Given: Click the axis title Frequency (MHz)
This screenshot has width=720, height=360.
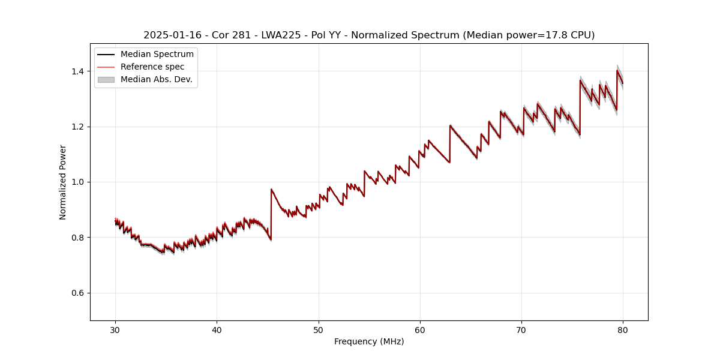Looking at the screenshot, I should click(369, 341).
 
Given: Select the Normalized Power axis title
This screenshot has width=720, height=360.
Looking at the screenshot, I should click(63, 182).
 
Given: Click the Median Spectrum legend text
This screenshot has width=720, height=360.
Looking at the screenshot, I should click(157, 55).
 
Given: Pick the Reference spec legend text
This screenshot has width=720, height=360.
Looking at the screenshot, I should click(152, 67).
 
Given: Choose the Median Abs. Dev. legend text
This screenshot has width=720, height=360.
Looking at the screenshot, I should click(156, 79).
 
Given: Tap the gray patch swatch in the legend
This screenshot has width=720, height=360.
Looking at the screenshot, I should click(106, 79).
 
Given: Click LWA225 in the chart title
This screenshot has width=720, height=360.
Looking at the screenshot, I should click(281, 35).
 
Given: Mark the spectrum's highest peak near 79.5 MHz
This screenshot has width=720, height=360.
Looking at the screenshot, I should click(617, 70).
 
